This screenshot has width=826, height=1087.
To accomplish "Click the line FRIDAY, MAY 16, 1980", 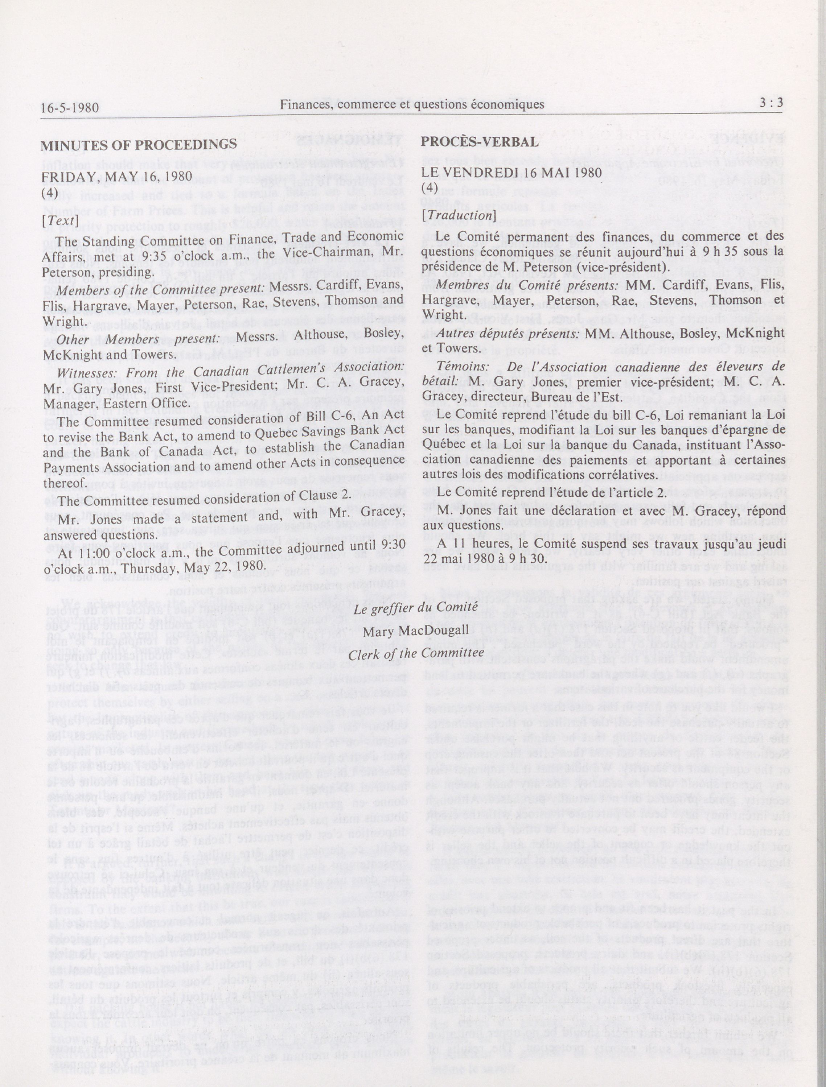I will [x=116, y=177].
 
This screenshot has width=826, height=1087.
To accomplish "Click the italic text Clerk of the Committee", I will [x=416, y=654].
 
